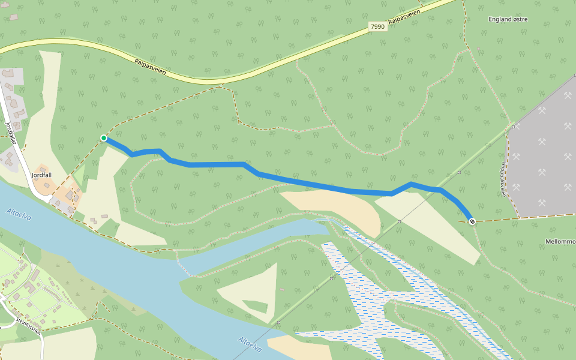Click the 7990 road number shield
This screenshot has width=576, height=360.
(377, 27)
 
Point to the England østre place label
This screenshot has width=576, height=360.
(508, 19)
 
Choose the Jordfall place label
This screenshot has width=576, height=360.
(41, 175)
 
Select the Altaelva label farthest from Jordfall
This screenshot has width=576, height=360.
(250, 347)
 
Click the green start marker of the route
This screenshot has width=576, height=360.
(104, 139)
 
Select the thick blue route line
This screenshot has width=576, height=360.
(300, 182)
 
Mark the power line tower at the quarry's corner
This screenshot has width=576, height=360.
(514, 127)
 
